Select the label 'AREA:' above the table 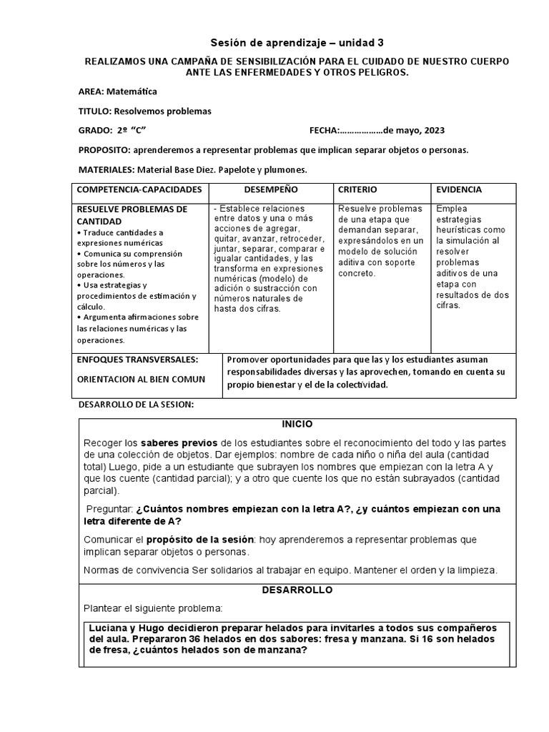[91, 92]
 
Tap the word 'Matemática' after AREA [132, 92]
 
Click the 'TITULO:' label [95, 112]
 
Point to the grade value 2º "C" [130, 131]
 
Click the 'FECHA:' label [322, 131]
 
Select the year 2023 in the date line [434, 131]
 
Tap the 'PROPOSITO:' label [105, 151]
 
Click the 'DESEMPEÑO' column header [271, 190]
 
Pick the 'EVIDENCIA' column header [459, 190]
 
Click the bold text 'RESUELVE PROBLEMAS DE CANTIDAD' [132, 215]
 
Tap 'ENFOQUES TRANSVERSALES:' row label [137, 360]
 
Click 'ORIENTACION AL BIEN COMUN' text [140, 379]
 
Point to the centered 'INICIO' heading [297, 425]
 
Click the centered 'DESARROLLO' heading [297, 590]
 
